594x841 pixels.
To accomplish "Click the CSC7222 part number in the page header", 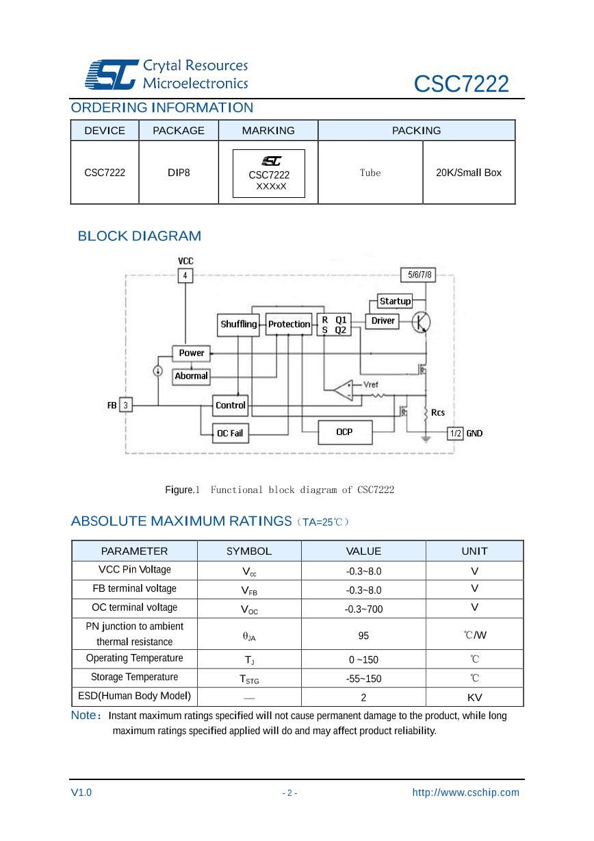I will point(461,84).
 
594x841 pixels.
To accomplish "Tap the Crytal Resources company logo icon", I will point(110,74).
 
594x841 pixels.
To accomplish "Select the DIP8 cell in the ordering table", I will point(179,173).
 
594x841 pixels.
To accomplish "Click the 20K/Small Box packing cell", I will point(469,173).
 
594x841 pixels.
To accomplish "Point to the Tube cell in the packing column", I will point(370,173).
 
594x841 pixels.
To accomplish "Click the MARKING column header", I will point(268,130).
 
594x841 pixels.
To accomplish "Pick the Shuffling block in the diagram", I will point(239,324).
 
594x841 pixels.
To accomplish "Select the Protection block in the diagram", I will point(289,324).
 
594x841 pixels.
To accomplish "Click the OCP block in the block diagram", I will point(345,432).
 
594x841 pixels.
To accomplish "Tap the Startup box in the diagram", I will point(395,301).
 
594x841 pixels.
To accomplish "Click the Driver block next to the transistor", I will point(383,321).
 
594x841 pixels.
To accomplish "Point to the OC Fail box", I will point(230,433).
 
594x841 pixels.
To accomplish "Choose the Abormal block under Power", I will point(191,376).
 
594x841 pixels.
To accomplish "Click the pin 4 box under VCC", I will point(185,275).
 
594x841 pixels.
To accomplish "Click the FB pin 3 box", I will point(125,405).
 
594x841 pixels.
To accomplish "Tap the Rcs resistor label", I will point(438,412).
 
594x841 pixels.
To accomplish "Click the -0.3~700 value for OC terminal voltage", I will point(363,609).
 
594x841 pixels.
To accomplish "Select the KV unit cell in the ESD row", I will point(474,697).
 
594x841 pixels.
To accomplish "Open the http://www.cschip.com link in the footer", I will point(465,792).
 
